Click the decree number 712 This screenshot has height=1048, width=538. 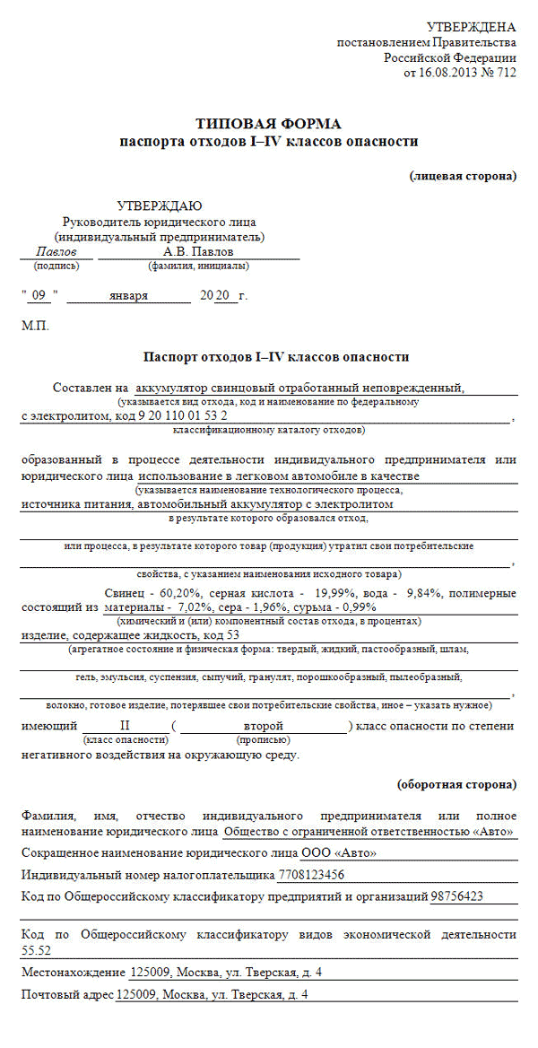pos(506,73)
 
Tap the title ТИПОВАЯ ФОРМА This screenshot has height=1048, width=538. pos(269,124)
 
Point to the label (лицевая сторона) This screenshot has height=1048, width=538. pos(463,175)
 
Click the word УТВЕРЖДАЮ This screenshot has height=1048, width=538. pos(159,205)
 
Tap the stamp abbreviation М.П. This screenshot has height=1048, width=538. pos(35,325)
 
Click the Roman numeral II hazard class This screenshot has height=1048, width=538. pos(125,724)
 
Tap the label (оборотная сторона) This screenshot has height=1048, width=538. pos(456,783)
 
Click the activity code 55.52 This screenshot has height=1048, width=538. pos(36,949)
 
